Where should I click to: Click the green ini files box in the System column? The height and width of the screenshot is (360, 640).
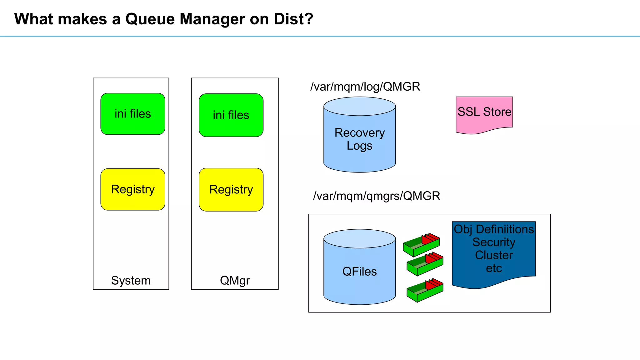coord(133,114)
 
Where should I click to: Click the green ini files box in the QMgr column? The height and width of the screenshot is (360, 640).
coord(231,115)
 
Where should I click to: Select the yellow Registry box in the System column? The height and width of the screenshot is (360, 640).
coord(133,189)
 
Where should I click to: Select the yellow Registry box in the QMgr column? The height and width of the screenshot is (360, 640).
coord(231,190)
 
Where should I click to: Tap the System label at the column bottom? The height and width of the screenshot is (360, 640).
coord(131,281)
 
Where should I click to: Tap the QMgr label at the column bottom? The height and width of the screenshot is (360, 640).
coord(235,281)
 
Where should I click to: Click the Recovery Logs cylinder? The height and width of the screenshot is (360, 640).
coord(359,139)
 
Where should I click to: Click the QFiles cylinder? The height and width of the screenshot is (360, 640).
coord(359,271)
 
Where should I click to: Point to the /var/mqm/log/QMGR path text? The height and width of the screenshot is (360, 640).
coord(365,87)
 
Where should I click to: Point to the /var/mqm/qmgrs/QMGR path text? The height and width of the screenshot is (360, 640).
coord(377,196)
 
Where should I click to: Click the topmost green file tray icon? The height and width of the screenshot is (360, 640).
coord(421,245)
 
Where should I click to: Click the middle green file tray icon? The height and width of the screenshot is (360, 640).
coord(425,264)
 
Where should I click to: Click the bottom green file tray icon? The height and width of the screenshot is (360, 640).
coord(425,291)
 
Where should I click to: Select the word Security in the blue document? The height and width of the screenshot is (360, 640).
coord(494,242)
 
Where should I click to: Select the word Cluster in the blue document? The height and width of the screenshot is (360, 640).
coord(494,255)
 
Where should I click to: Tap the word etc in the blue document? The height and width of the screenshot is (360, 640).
coord(494,268)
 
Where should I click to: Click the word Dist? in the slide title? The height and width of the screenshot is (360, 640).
coord(293,19)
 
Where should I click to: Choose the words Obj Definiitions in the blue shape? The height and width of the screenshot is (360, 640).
coord(494,229)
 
